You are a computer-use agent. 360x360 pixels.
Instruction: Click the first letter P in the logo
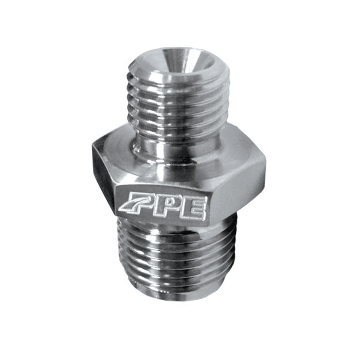coord(143,205)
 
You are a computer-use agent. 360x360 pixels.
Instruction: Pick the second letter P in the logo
coord(170,207)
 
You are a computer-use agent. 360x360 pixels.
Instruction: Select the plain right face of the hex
coord(238,189)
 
